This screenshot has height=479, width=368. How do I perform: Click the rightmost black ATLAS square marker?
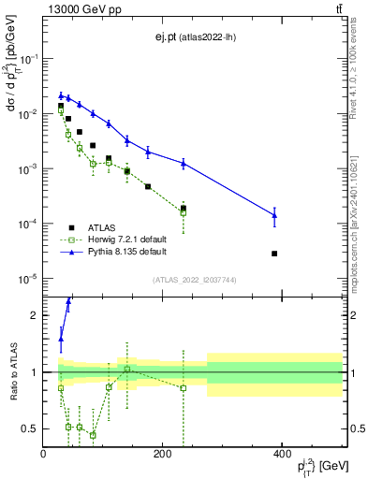tap(274, 254)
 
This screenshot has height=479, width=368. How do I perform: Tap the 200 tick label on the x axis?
tap(163, 455)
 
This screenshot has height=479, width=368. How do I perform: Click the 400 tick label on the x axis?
tap(282, 455)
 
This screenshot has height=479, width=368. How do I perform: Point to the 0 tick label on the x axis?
tap(44, 455)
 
